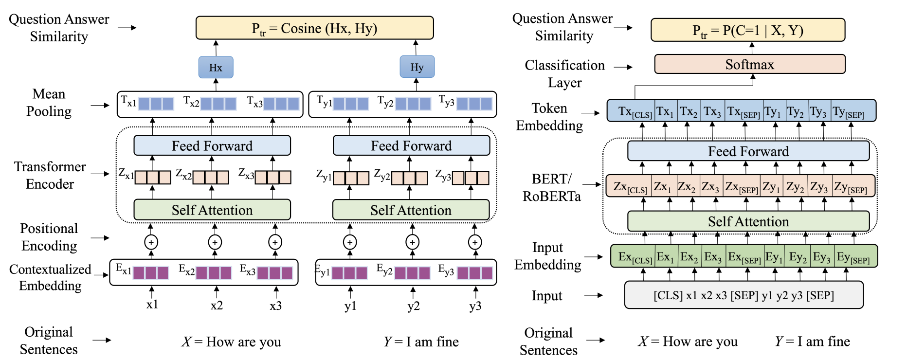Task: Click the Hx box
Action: tap(216, 67)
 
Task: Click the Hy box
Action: tap(417, 67)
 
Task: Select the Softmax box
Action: tap(749, 64)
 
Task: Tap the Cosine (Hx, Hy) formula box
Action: tap(314, 28)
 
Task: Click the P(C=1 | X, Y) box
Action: tap(747, 31)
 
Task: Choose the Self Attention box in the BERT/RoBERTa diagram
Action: tap(748, 221)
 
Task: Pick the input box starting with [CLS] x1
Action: tap(744, 295)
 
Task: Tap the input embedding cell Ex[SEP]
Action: tap(744, 257)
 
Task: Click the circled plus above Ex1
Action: tap(151, 242)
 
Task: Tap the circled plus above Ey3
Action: tap(475, 242)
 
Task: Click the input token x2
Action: tap(217, 306)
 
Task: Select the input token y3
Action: tap(475, 306)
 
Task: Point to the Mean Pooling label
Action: tap(49, 103)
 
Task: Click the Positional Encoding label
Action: tap(49, 237)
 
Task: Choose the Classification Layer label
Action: tap(564, 73)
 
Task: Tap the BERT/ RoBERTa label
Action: tap(552, 187)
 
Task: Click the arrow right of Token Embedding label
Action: tap(591, 113)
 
